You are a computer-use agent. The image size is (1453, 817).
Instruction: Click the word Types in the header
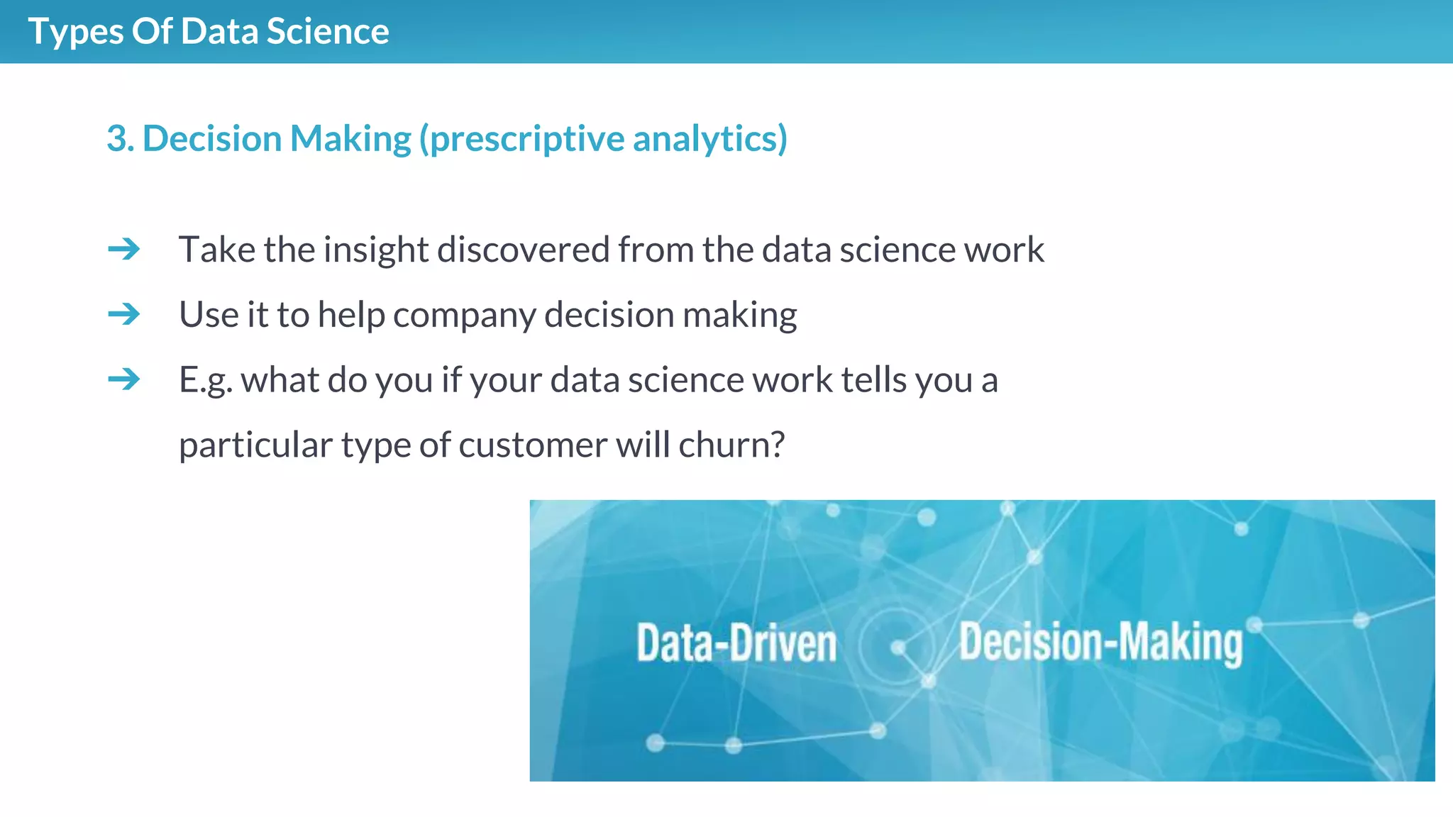(x=75, y=33)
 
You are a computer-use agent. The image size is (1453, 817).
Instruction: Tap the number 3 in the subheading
(x=117, y=138)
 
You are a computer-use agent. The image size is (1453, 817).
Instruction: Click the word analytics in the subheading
(x=709, y=139)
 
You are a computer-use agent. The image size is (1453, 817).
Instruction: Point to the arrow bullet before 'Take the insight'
(x=124, y=250)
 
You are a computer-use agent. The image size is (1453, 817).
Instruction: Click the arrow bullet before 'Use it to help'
(x=124, y=314)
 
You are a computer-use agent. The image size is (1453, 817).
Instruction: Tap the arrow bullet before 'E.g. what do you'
(x=124, y=379)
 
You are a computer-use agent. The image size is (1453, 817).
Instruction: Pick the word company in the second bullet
(x=464, y=316)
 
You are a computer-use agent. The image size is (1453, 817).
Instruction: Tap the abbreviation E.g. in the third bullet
(x=205, y=381)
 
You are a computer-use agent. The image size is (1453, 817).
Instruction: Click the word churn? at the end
(x=731, y=445)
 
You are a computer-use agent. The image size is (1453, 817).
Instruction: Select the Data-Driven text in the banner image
(x=736, y=643)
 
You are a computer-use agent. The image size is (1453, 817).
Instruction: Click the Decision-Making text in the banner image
(x=1100, y=643)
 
